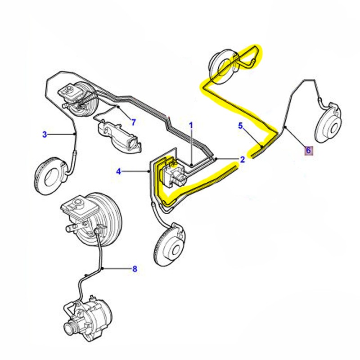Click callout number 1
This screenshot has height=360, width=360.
[191, 125]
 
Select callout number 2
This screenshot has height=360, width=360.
[242, 159]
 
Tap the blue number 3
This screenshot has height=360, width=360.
[45, 134]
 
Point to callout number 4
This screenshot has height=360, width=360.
[119, 171]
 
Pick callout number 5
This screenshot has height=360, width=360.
[241, 126]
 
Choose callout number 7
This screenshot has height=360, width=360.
[133, 121]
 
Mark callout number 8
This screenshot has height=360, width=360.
[134, 270]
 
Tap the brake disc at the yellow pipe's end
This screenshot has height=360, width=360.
[223, 63]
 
